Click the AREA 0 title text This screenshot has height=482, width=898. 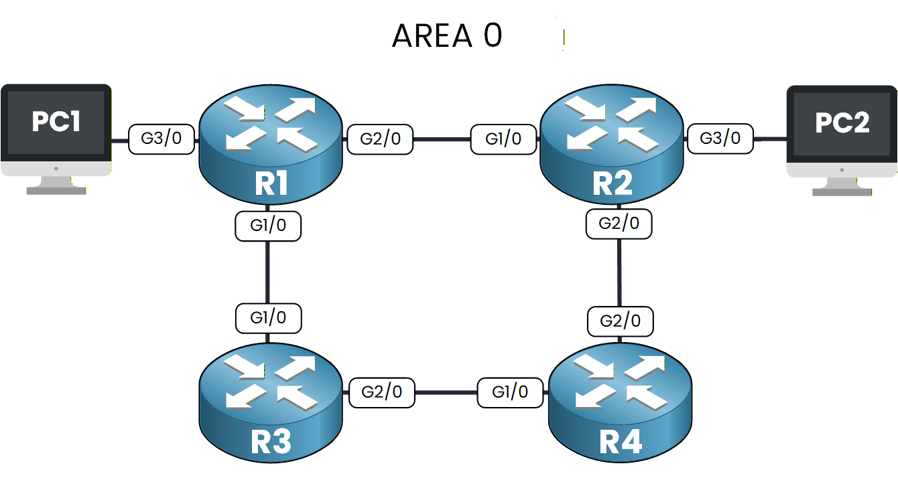[x=447, y=36]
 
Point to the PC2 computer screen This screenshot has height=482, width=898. [x=842, y=124]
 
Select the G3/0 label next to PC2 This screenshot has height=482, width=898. [x=720, y=139]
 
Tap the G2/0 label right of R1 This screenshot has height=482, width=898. [x=380, y=140]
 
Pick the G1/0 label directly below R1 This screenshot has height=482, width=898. [x=268, y=226]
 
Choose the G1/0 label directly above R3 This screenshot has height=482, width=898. [x=268, y=317]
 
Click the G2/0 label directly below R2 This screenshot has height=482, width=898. [x=619, y=224]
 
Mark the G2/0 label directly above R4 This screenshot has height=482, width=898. [x=621, y=321]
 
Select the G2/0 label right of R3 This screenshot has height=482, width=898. [x=382, y=392]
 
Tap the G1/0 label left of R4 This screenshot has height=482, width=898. [x=510, y=392]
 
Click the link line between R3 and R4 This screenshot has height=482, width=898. [x=446, y=392]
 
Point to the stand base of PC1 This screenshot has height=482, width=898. [x=56, y=190]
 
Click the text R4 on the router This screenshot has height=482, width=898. [x=620, y=441]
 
